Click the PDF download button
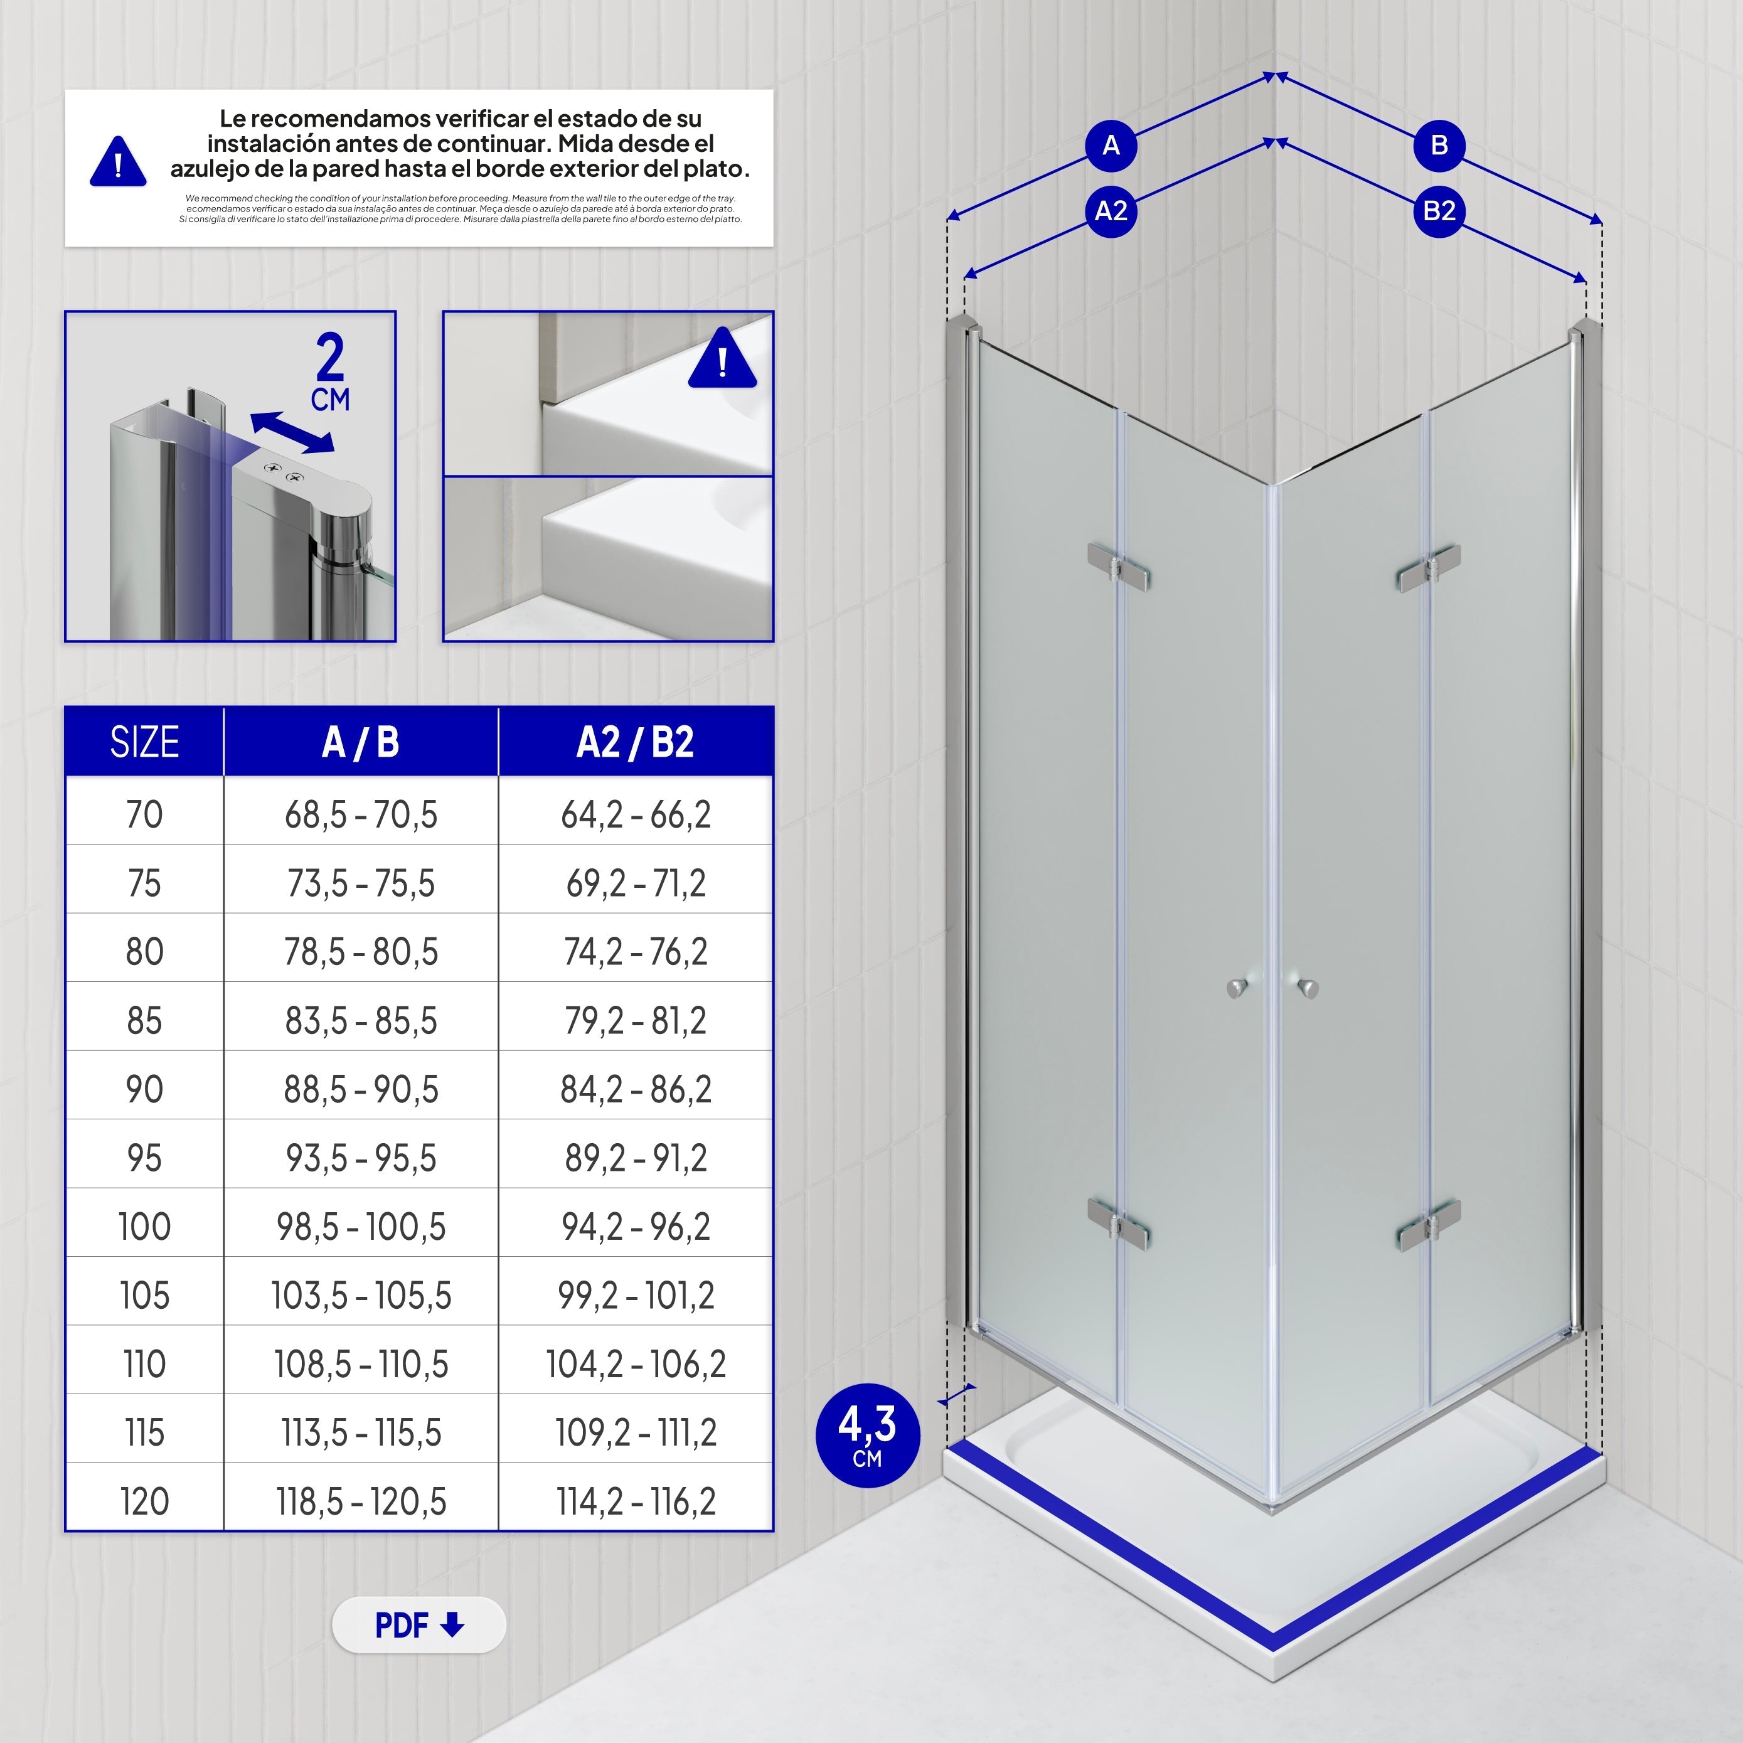coord(418,1625)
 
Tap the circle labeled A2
coord(1111,211)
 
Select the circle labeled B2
coord(1439,211)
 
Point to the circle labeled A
coord(1111,146)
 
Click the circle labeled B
coord(1439,146)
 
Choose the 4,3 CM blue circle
coord(867,1434)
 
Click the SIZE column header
coord(144,742)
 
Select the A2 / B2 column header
coord(635,742)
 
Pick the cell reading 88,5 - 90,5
coord(361,1089)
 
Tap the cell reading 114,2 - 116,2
coord(635,1501)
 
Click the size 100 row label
coord(144,1226)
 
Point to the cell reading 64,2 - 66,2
coord(635,814)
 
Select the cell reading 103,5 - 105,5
coord(361,1296)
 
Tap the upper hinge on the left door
coord(1119,567)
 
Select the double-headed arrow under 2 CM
coord(291,432)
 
